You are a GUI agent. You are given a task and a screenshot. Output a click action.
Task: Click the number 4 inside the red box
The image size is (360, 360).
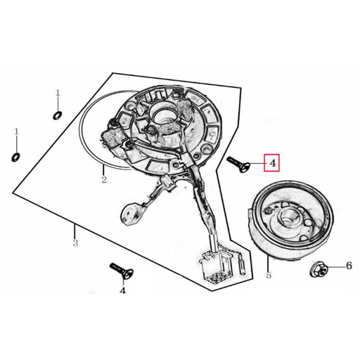(x=273, y=163)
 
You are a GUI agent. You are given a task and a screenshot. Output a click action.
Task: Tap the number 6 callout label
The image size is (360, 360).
(x=349, y=266)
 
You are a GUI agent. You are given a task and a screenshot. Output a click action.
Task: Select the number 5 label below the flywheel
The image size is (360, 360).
(x=269, y=275)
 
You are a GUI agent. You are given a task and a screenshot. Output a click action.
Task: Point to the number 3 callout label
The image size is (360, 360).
(x=75, y=243)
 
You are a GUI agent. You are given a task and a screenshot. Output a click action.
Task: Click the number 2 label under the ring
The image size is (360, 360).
(x=104, y=179)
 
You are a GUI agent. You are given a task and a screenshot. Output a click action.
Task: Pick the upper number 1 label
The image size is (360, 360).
(x=58, y=93)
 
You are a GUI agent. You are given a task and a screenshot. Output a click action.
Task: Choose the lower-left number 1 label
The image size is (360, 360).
(x=16, y=131)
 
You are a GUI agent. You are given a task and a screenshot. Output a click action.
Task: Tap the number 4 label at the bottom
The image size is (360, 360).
(x=123, y=290)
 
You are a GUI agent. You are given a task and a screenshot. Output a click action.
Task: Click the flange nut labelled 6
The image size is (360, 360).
(x=318, y=270)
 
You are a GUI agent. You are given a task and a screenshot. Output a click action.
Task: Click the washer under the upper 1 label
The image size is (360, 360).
(x=58, y=115)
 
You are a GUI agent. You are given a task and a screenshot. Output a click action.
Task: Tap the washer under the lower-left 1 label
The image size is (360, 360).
(x=15, y=157)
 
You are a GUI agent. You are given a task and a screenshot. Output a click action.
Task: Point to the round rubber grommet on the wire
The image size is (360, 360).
(x=132, y=213)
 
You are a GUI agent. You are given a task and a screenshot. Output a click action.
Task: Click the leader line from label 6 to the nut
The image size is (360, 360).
(x=335, y=267)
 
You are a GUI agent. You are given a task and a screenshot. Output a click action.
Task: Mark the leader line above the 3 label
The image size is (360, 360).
(x=75, y=231)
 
